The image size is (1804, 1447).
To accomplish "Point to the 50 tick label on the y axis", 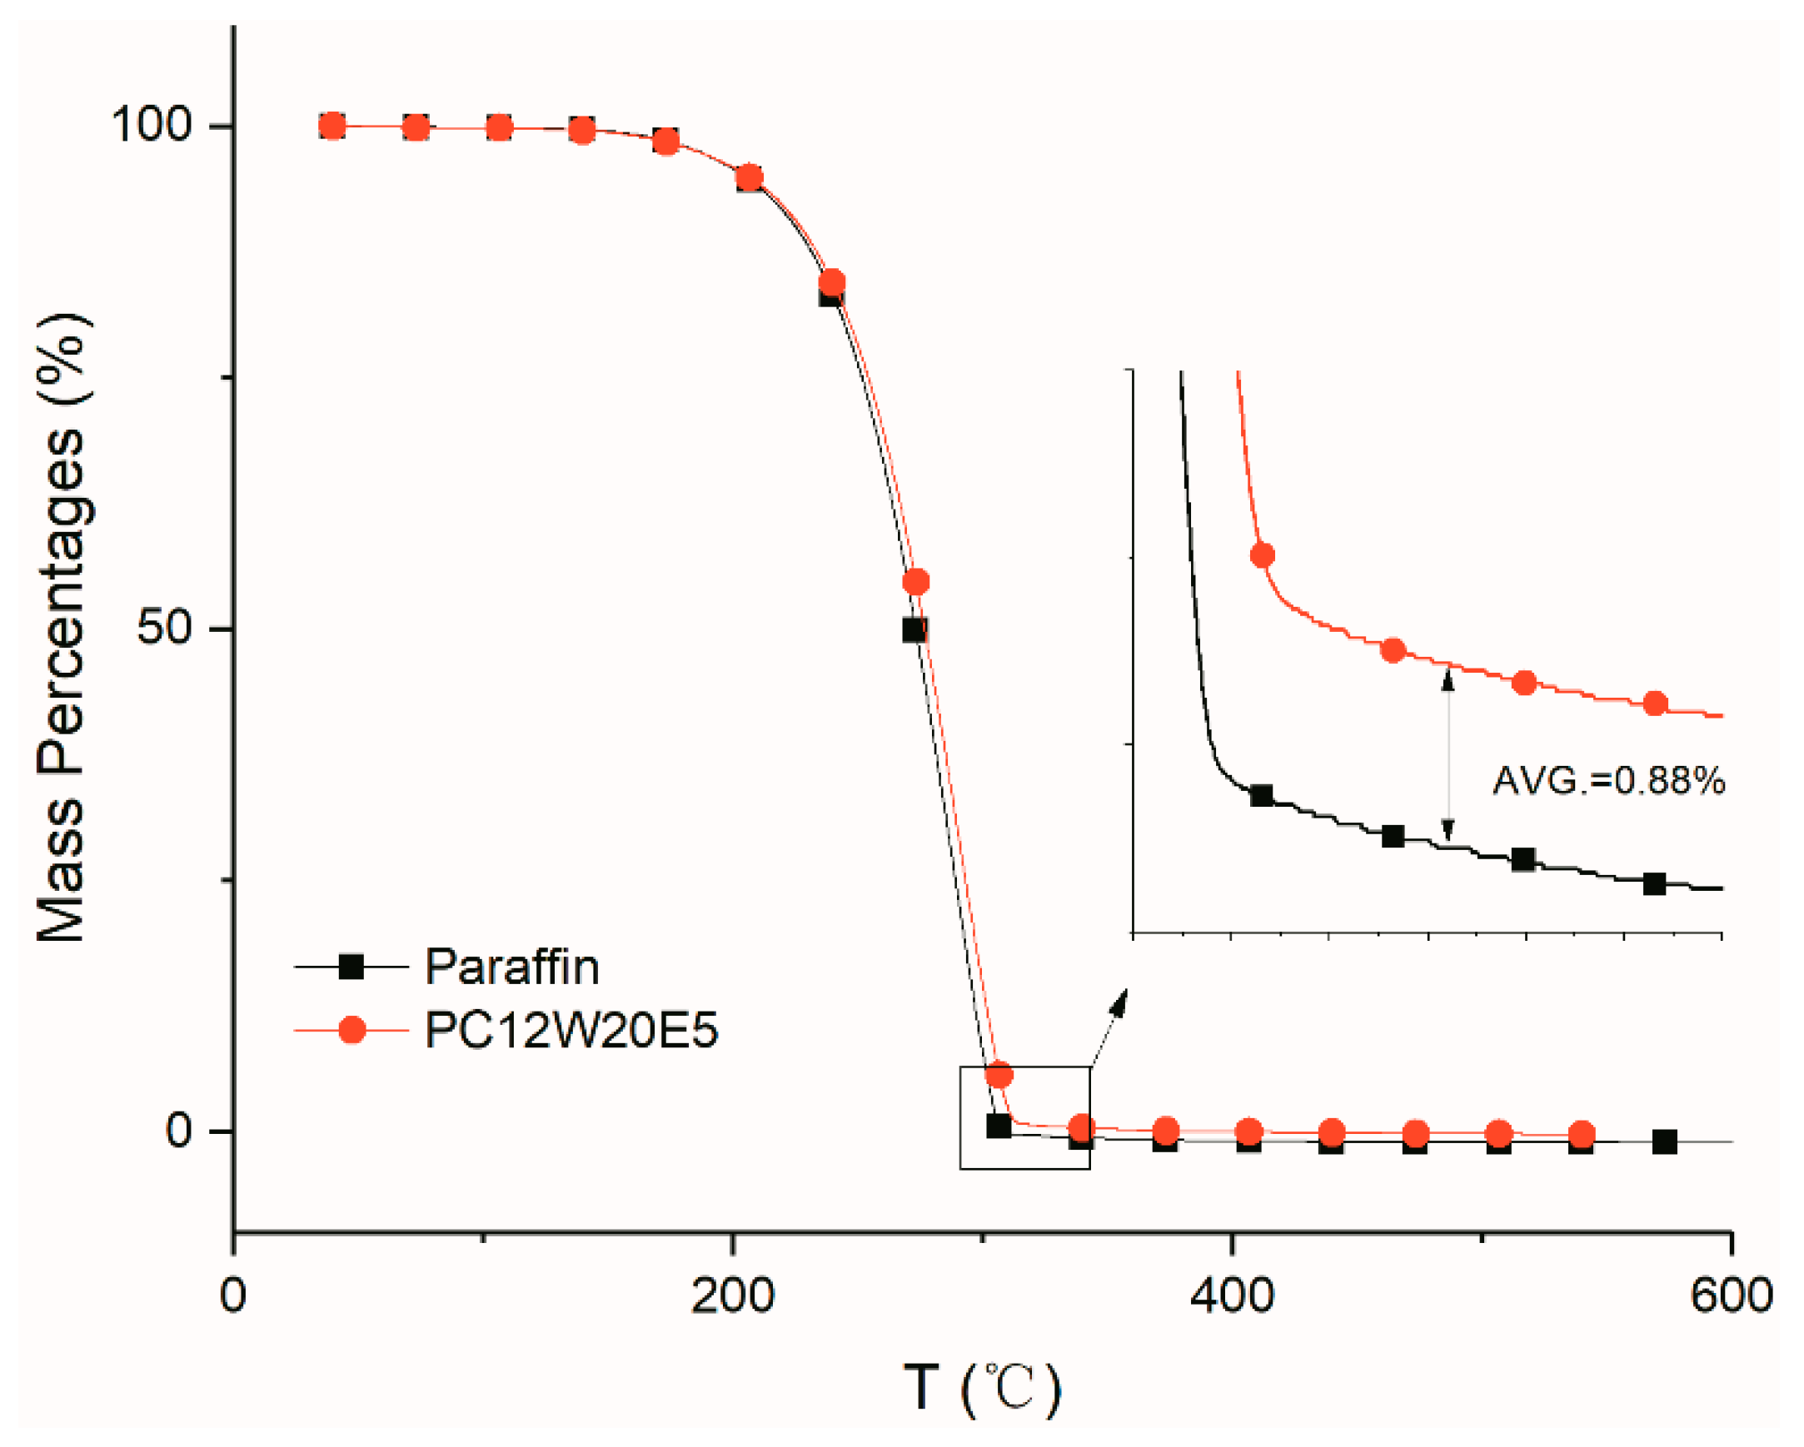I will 165,627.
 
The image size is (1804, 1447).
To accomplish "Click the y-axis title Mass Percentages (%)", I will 62,627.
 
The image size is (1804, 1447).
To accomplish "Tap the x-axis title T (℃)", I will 983,1390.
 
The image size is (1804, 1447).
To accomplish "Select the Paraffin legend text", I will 512,967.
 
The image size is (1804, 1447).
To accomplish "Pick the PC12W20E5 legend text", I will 571,1030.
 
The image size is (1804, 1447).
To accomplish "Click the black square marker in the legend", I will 351,967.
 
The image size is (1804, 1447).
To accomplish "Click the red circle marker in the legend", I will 351,1030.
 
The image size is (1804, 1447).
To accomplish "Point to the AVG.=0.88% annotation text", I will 1608,780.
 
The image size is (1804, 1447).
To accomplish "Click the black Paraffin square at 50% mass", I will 914,629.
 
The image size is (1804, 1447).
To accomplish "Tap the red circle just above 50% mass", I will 916,582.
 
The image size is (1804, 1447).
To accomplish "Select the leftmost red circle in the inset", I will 1262,555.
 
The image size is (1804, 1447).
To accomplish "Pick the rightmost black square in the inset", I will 1654,884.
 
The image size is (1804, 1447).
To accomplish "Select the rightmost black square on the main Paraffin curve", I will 1664,1141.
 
